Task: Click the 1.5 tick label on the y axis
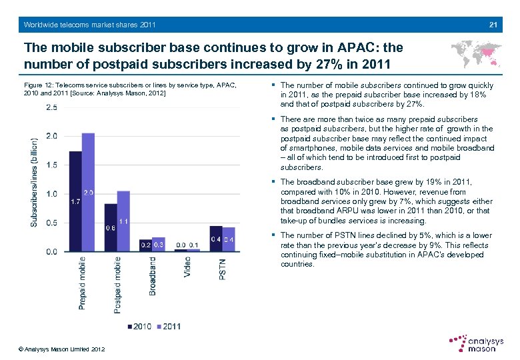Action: click(51, 165)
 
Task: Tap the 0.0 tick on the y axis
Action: click(51, 251)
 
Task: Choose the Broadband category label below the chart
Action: click(153, 277)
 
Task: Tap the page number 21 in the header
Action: click(493, 25)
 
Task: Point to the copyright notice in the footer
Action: click(62, 349)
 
